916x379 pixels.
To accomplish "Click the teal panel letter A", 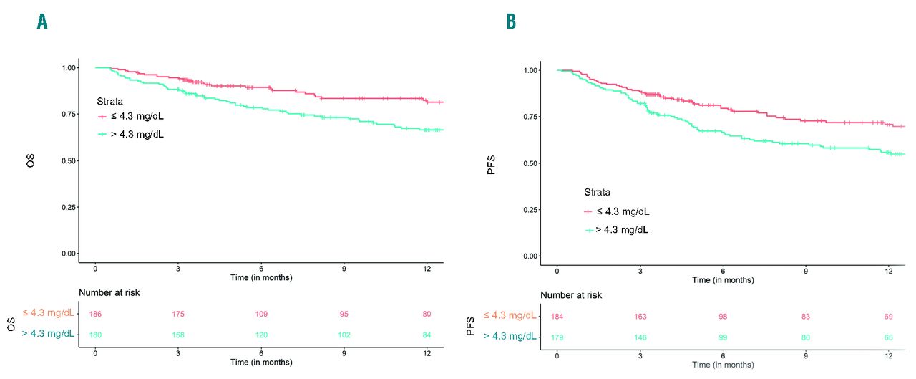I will (42, 22).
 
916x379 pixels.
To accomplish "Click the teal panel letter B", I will (511, 22).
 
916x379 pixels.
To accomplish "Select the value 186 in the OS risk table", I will (95, 315).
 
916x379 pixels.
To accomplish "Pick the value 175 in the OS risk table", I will (178, 315).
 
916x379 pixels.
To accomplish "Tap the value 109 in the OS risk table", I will (261, 315).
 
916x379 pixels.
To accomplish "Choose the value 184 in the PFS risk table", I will (557, 317).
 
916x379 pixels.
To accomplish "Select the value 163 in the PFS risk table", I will (640, 317).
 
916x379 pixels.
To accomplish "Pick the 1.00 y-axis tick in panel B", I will (531, 70).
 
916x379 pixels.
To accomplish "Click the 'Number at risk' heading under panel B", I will (571, 295).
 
